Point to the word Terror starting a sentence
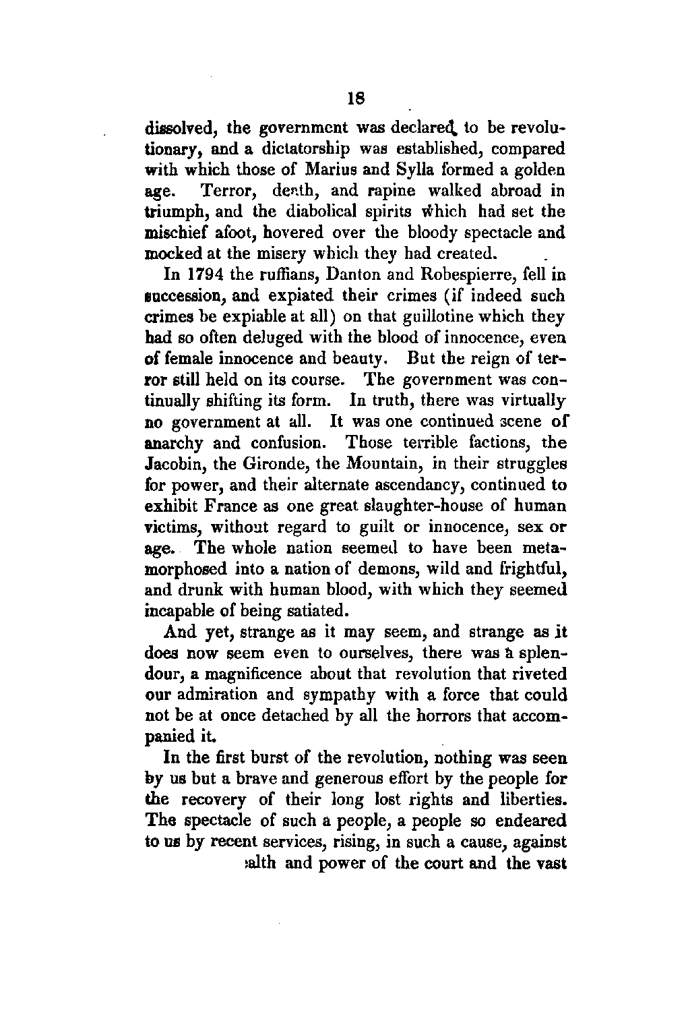pos(228,191)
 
